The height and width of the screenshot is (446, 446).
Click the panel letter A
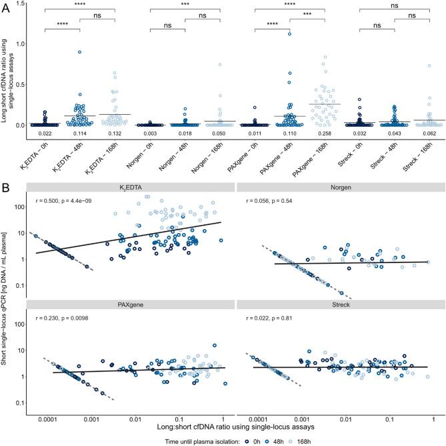pos(5,5)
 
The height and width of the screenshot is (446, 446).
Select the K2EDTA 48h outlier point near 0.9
pos(79,52)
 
